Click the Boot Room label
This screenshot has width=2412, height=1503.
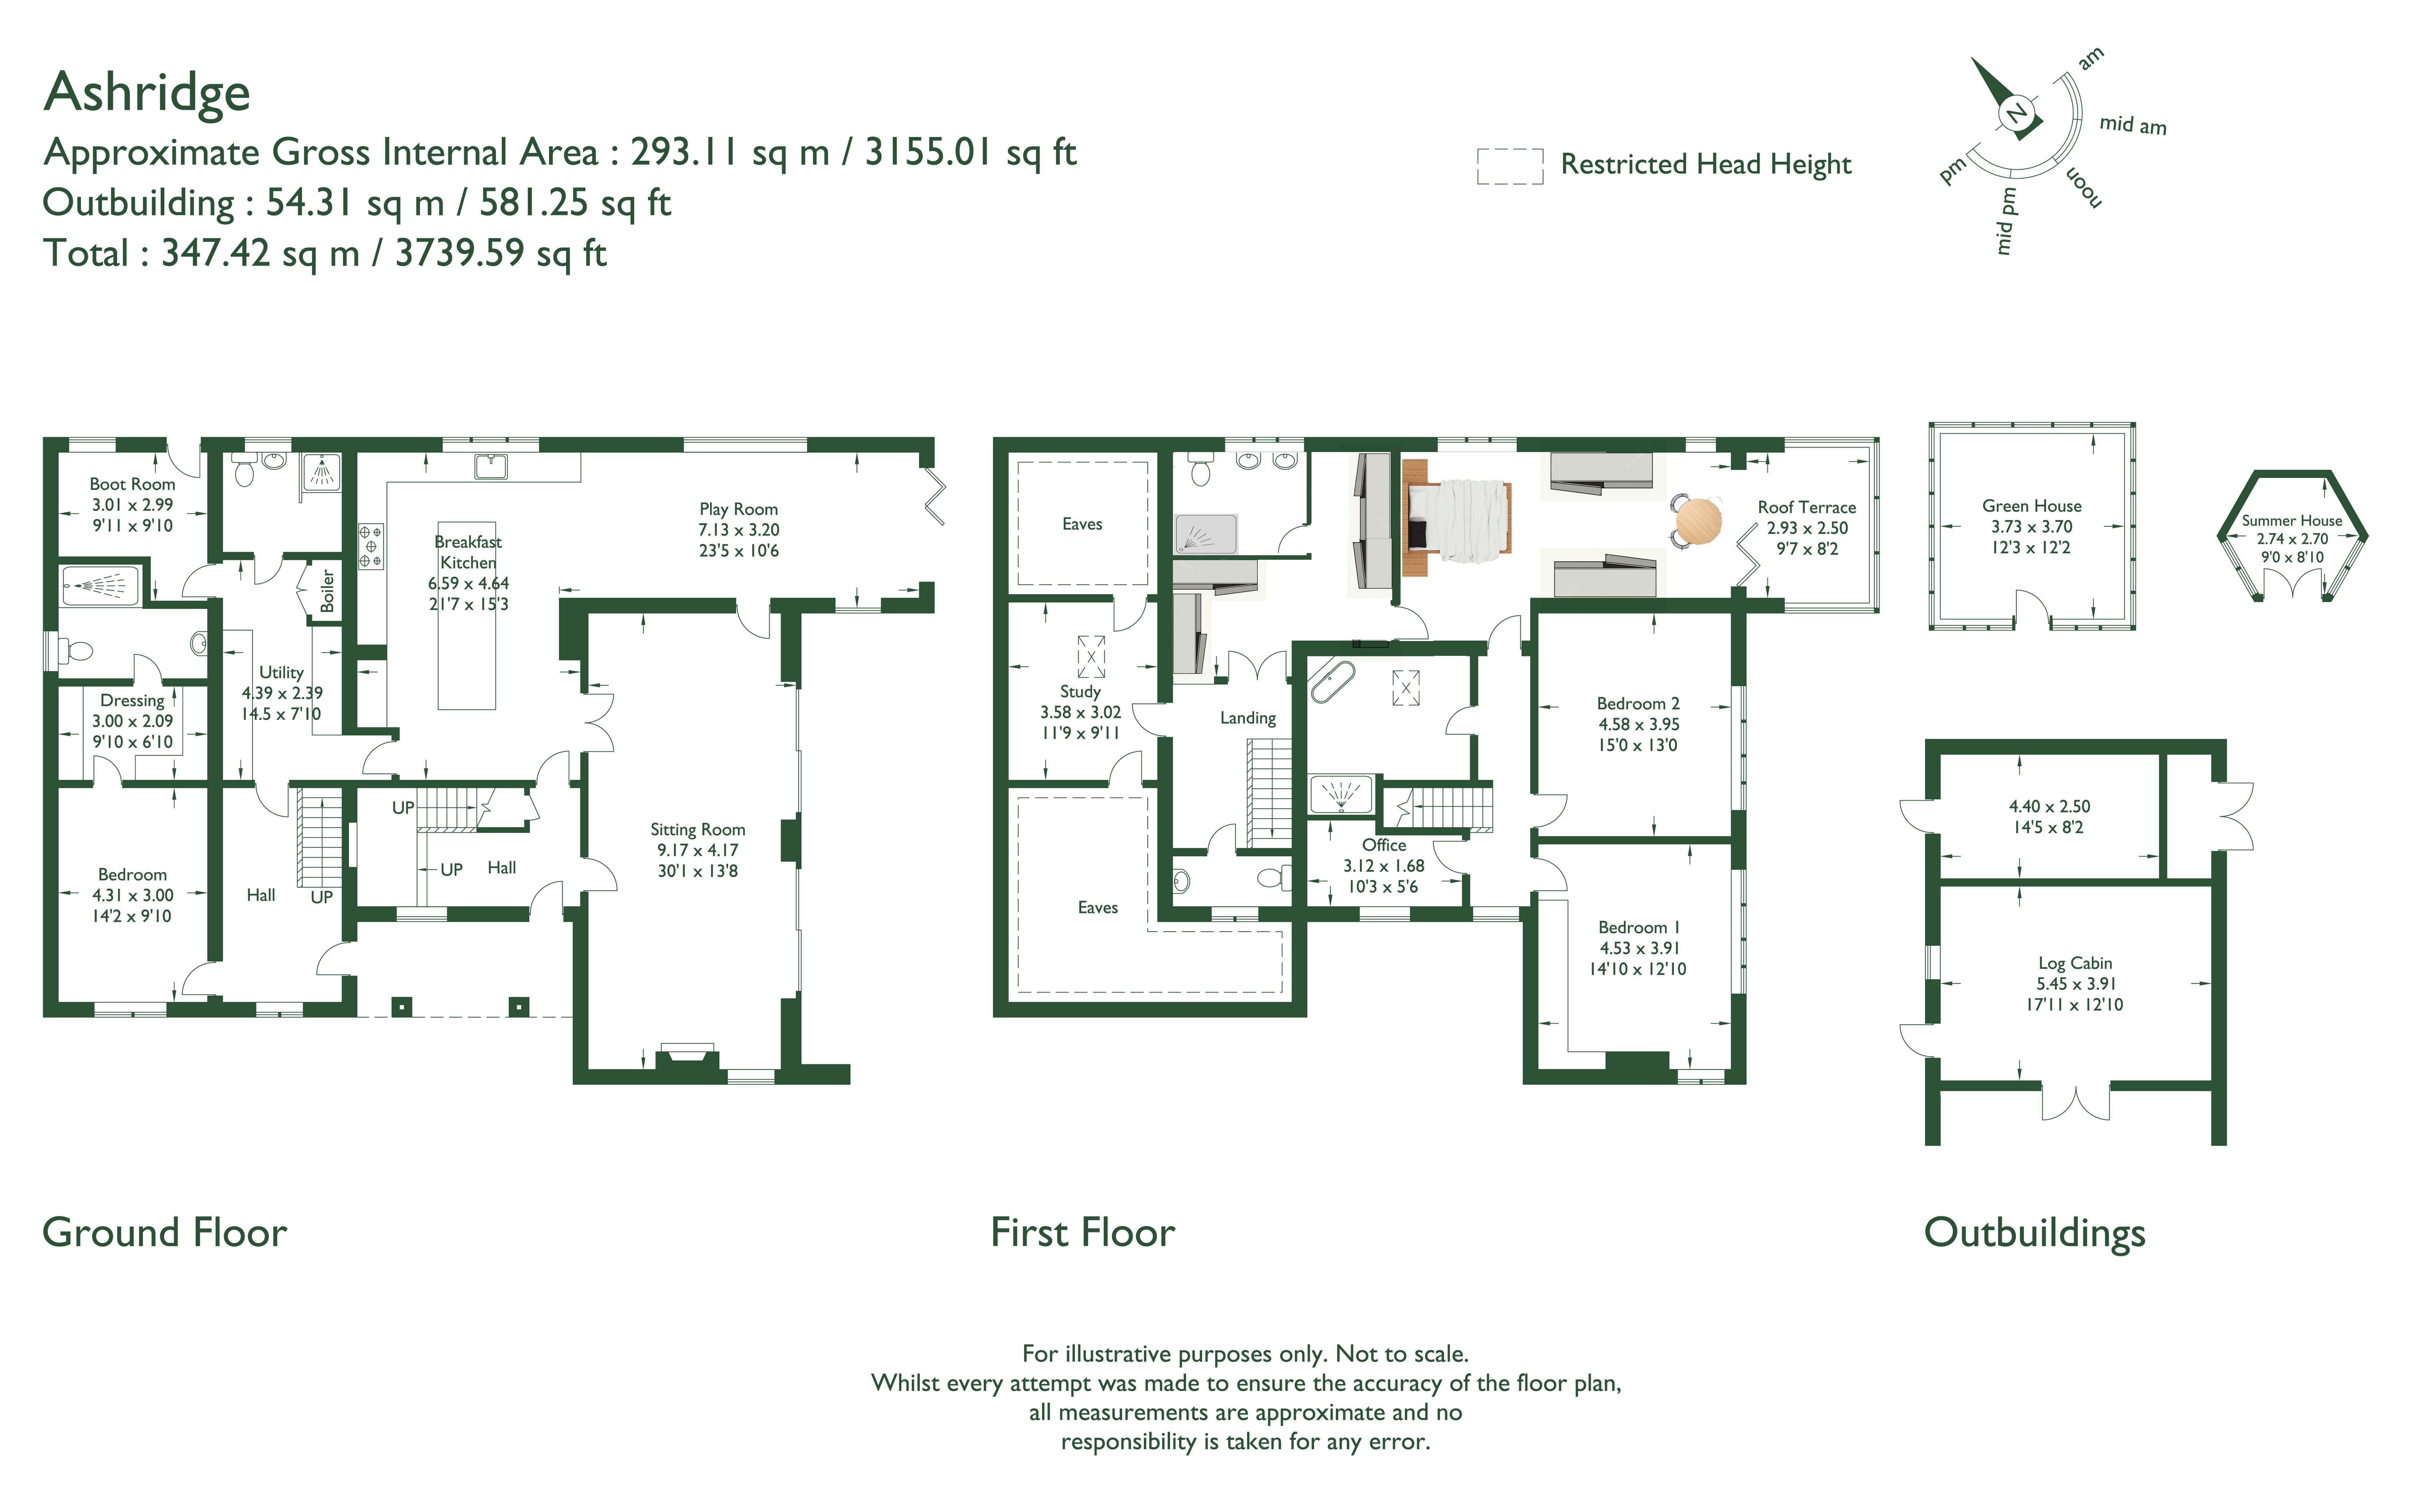tap(132, 484)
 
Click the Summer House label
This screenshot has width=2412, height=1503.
tap(2292, 521)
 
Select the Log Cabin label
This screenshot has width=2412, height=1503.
tap(2075, 963)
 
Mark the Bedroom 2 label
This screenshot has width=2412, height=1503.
tap(1638, 704)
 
